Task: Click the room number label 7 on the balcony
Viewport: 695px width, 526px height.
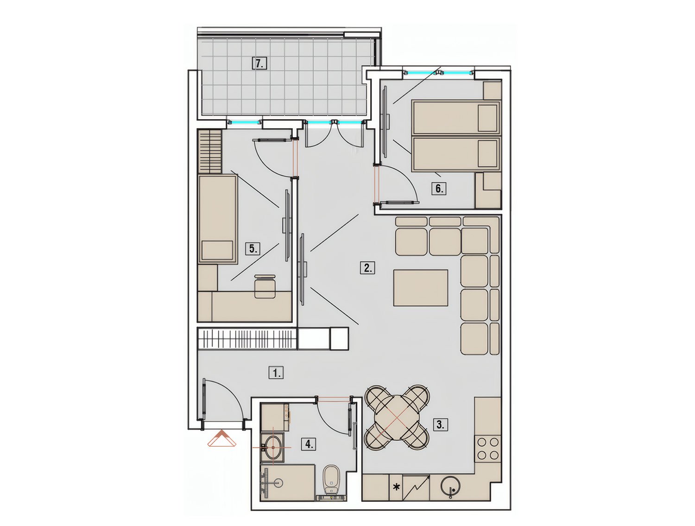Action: pyautogui.click(x=259, y=63)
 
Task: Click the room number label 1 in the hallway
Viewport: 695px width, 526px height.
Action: pyautogui.click(x=276, y=373)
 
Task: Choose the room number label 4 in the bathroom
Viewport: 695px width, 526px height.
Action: pyautogui.click(x=309, y=444)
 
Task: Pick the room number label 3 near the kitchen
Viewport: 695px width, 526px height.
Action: pyautogui.click(x=440, y=425)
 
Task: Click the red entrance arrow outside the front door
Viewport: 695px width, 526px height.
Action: pyautogui.click(x=222, y=438)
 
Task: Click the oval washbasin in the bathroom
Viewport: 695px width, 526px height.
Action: pyautogui.click(x=273, y=448)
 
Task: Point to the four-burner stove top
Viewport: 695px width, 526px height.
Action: pyautogui.click(x=487, y=449)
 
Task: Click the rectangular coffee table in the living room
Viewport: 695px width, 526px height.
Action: pyautogui.click(x=421, y=288)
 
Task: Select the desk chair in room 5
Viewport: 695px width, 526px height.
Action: pyautogui.click(x=265, y=286)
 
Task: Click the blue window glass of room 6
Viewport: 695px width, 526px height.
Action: pyautogui.click(x=440, y=73)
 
